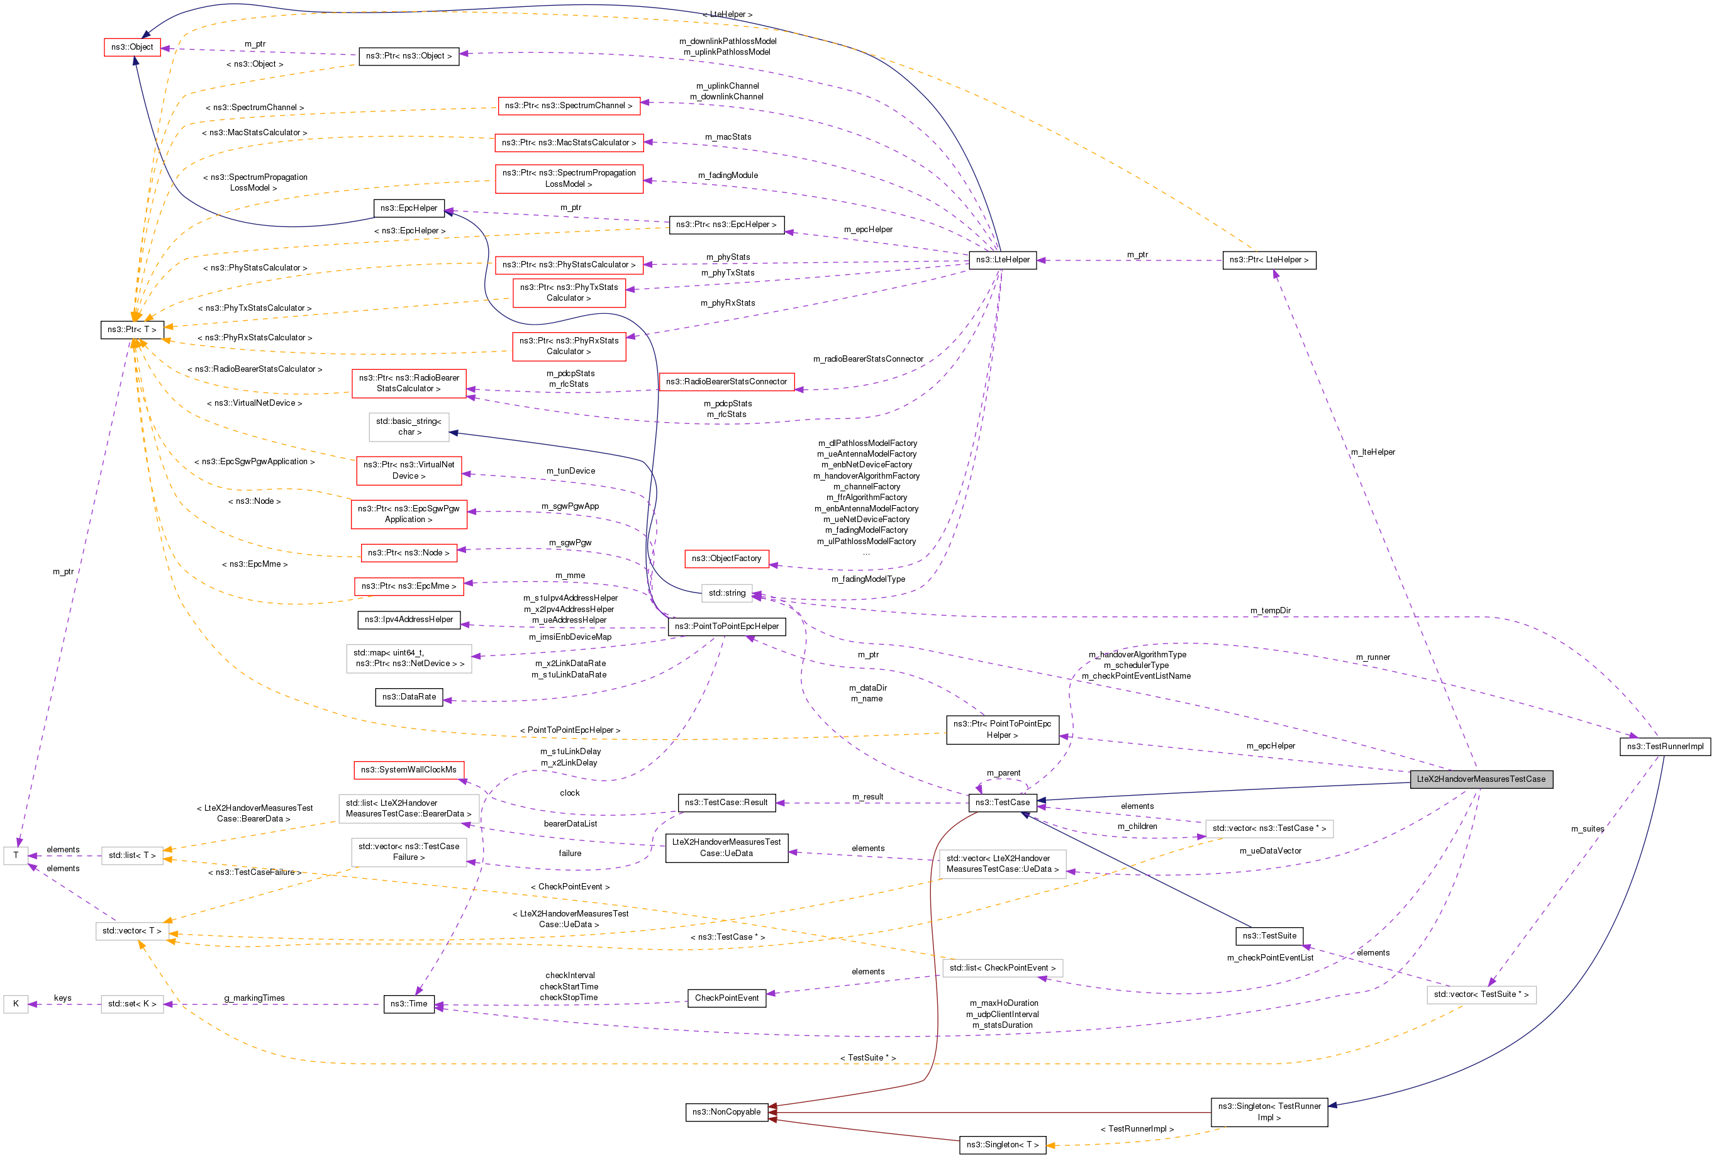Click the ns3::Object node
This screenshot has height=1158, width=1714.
(132, 47)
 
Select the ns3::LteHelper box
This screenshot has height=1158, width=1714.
(1002, 260)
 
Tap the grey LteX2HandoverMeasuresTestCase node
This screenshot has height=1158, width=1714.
(1481, 779)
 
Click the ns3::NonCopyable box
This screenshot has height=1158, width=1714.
(726, 1111)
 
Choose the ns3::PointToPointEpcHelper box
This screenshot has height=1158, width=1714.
(726, 626)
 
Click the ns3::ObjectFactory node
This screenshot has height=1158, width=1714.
(726, 559)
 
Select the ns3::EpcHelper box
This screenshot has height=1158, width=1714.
(409, 208)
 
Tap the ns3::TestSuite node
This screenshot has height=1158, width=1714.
(1269, 935)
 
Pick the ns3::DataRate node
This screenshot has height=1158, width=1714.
(409, 696)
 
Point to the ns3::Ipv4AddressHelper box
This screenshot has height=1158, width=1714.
(409, 619)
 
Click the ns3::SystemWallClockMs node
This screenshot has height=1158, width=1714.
(409, 769)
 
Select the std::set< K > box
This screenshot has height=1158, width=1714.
(132, 1004)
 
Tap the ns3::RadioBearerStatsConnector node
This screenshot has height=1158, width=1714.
(726, 381)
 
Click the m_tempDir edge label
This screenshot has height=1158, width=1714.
(1270, 610)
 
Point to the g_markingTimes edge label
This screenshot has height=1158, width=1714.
(255, 998)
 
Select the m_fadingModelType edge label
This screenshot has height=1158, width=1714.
(868, 579)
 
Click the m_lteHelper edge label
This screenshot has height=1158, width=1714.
(1372, 452)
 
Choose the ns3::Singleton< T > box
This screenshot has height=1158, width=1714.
(1002, 1145)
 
